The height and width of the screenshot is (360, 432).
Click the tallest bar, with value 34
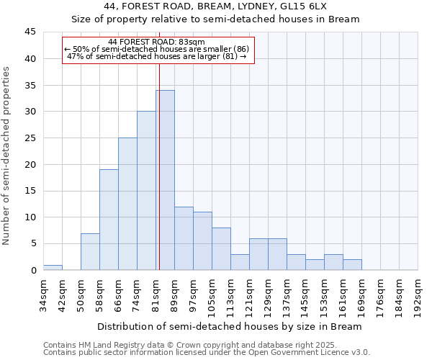165,180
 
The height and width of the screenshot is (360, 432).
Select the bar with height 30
146,191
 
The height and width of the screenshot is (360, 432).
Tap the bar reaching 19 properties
109,220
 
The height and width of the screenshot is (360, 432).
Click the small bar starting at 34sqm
53,267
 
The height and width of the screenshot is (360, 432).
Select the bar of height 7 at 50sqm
90,251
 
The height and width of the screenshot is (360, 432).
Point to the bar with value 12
184,238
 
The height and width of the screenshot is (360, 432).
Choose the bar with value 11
202,241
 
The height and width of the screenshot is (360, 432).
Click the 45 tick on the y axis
31,32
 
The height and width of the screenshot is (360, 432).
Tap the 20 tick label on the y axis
31,164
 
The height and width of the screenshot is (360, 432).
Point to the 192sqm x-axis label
418,294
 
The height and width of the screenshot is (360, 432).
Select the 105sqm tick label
212,294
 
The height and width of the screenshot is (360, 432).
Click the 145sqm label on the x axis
305,294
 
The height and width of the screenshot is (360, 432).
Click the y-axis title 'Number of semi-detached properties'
7,156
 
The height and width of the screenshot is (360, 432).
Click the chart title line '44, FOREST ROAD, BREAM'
216,6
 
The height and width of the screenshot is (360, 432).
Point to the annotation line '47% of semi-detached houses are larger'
156,56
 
